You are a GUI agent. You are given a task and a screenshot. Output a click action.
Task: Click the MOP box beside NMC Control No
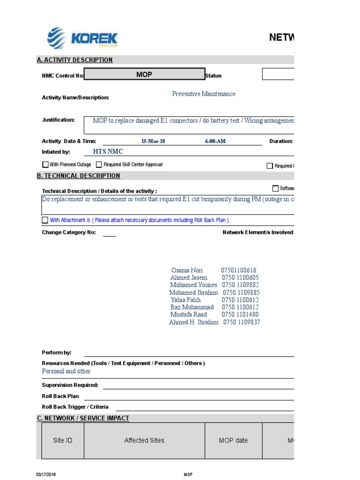pyautogui.click(x=144, y=75)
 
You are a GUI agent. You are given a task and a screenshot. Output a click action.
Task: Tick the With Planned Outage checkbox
pyautogui.click(x=45, y=165)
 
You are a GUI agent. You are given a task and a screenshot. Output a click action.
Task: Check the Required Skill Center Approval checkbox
pyautogui.click(x=99, y=165)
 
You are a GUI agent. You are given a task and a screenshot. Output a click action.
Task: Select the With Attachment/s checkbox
pyautogui.click(x=45, y=220)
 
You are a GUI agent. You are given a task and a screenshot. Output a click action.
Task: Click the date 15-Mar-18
pyautogui.click(x=153, y=141)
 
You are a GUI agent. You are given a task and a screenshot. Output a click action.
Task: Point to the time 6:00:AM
pyautogui.click(x=215, y=141)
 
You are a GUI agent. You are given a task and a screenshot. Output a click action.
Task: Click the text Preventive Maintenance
pyautogui.click(x=203, y=94)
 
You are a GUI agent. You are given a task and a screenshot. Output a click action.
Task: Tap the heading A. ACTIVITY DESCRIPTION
pyautogui.click(x=75, y=60)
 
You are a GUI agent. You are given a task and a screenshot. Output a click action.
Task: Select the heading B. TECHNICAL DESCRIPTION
pyautogui.click(x=78, y=176)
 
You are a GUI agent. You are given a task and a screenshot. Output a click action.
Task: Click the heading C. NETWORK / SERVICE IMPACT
pyautogui.click(x=83, y=418)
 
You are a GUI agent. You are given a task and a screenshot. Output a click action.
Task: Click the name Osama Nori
pyautogui.click(x=187, y=270)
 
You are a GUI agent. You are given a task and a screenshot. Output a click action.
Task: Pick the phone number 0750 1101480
pyautogui.click(x=240, y=315)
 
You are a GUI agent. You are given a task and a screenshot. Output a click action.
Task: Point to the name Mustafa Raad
pyautogui.click(x=188, y=315)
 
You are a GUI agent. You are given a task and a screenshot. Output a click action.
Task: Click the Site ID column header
pyautogui.click(x=62, y=441)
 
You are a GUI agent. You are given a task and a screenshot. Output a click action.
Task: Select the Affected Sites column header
pyautogui.click(x=144, y=441)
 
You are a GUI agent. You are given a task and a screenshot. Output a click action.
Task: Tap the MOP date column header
pyautogui.click(x=233, y=441)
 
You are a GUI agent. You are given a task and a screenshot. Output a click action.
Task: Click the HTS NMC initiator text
pyautogui.click(x=105, y=152)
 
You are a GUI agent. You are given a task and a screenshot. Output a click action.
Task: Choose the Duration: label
pyautogui.click(x=281, y=141)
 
